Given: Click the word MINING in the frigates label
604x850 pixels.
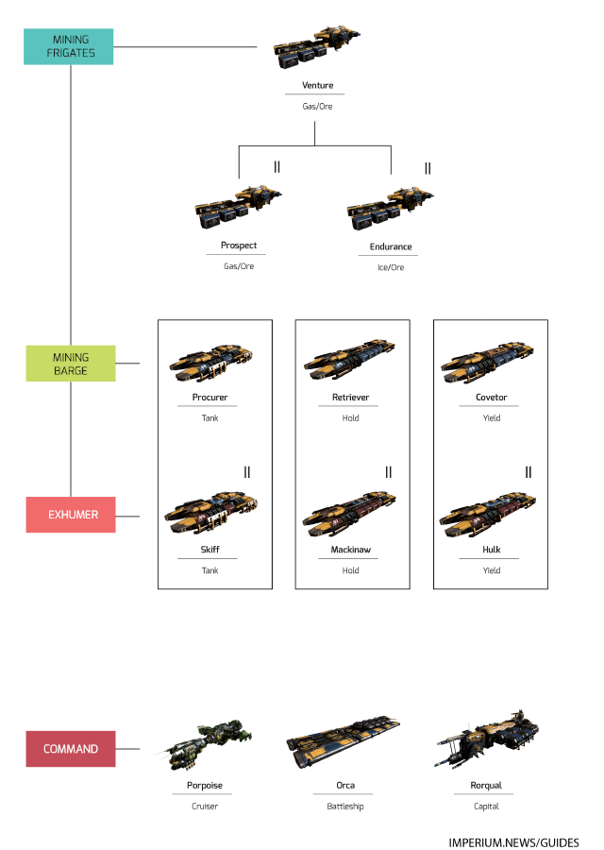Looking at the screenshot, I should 71,40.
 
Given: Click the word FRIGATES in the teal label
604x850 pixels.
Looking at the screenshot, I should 71,53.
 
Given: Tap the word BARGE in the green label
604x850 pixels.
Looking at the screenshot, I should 71,371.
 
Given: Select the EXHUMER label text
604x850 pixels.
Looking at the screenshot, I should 74,516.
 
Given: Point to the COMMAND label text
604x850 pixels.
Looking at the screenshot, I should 71,749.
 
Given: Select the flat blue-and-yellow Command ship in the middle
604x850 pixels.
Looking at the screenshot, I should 344,738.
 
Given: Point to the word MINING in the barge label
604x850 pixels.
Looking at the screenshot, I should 71,358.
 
